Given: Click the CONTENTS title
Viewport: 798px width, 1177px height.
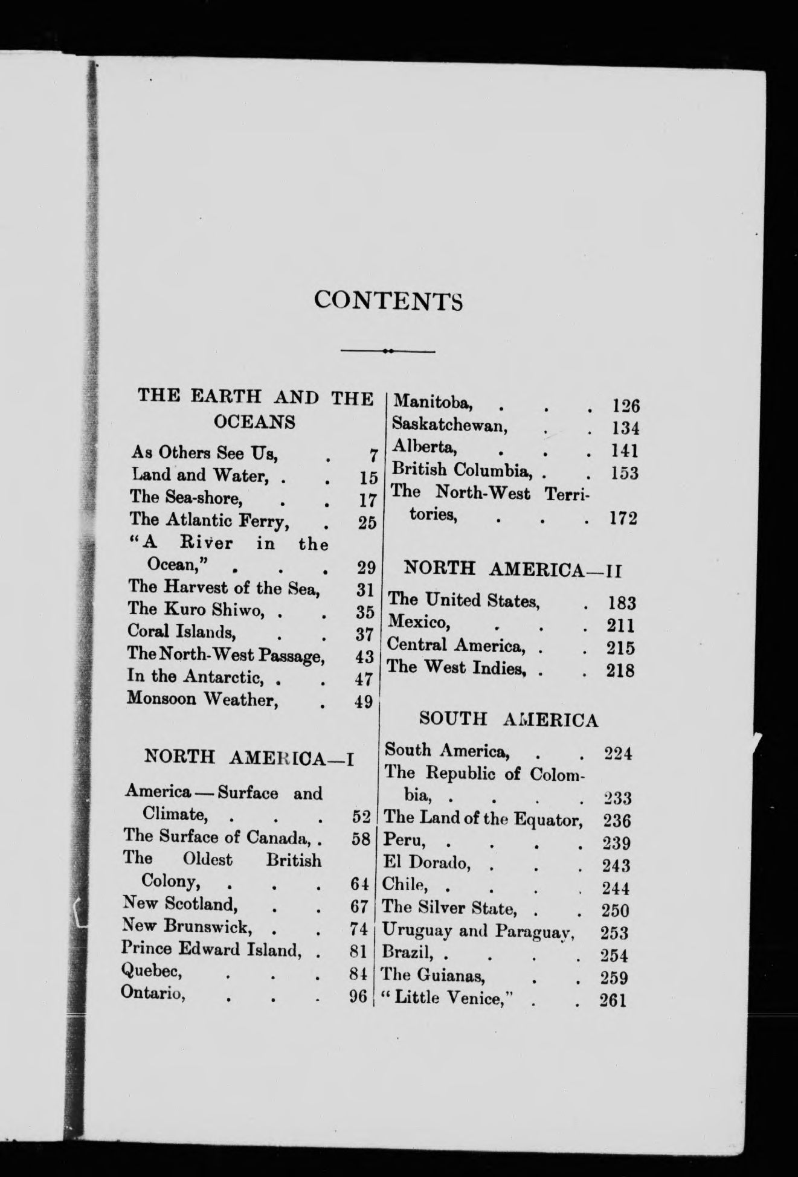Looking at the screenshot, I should [x=388, y=300].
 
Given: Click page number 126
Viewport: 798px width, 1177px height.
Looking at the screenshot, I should [x=626, y=405].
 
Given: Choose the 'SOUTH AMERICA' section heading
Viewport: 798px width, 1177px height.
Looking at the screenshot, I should [x=509, y=719].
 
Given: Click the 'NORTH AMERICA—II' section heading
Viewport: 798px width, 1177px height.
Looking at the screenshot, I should [x=512, y=569].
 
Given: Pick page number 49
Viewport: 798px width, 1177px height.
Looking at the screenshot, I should [x=363, y=702].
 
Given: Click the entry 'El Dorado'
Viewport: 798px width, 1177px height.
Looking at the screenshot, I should [x=426, y=864].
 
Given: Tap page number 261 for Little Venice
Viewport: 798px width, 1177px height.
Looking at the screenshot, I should [x=613, y=1000].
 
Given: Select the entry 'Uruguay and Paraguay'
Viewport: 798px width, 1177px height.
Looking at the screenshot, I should [x=477, y=931].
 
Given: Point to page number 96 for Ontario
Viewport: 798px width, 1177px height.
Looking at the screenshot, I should [x=359, y=996].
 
